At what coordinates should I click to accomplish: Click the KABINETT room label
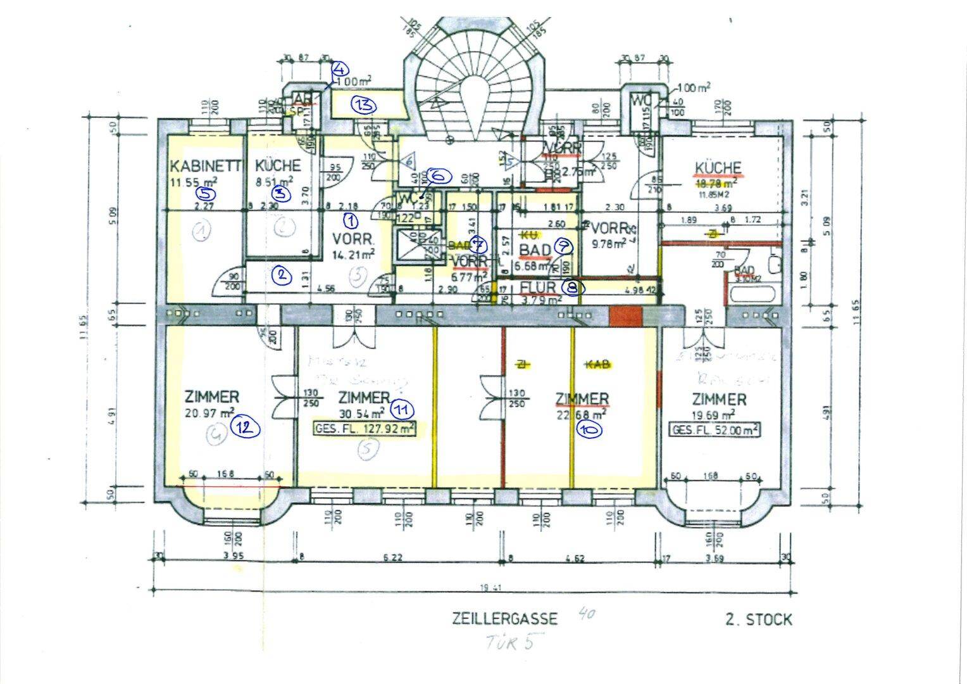click(206, 167)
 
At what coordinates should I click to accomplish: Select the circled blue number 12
click(245, 427)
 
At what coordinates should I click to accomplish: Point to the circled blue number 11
click(402, 409)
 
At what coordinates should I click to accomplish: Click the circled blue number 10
click(589, 429)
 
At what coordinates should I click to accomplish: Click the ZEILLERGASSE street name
click(504, 618)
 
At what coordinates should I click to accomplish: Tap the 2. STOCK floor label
click(758, 619)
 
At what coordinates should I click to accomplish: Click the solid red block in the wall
click(625, 315)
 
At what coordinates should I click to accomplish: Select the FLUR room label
click(538, 288)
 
